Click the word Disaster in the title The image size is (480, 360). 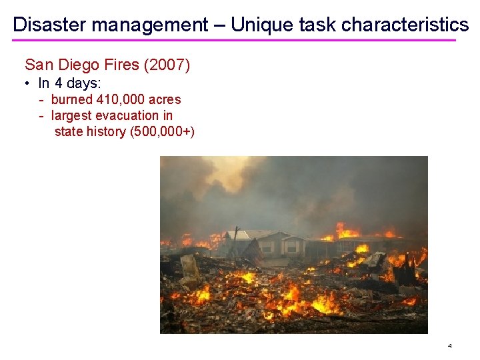49,25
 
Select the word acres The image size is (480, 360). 165,99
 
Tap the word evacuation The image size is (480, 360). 128,115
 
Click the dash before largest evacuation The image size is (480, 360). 41,115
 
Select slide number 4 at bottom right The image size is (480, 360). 450,346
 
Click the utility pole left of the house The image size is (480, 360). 234,243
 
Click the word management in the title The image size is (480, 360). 150,25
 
